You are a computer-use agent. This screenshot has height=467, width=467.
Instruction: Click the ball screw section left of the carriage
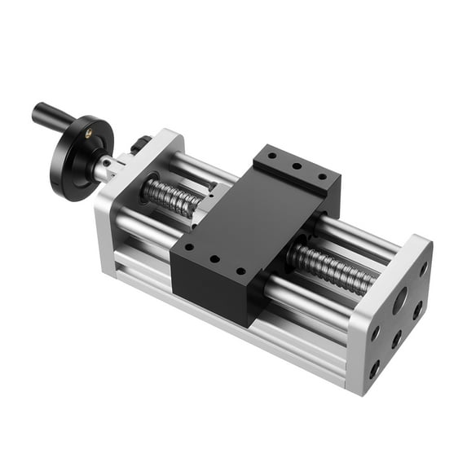pyautogui.click(x=170, y=195)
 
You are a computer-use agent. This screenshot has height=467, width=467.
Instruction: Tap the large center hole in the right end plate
pyautogui.click(x=400, y=302)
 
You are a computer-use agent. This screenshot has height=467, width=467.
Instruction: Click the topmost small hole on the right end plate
pyautogui.click(x=423, y=267)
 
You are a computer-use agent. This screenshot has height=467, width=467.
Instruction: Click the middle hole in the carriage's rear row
pyautogui.click(x=297, y=165)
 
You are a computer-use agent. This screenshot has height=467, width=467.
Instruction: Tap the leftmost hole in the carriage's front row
pyautogui.click(x=188, y=246)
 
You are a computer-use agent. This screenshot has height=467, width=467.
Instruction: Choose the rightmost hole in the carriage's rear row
pyautogui.click(x=322, y=176)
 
